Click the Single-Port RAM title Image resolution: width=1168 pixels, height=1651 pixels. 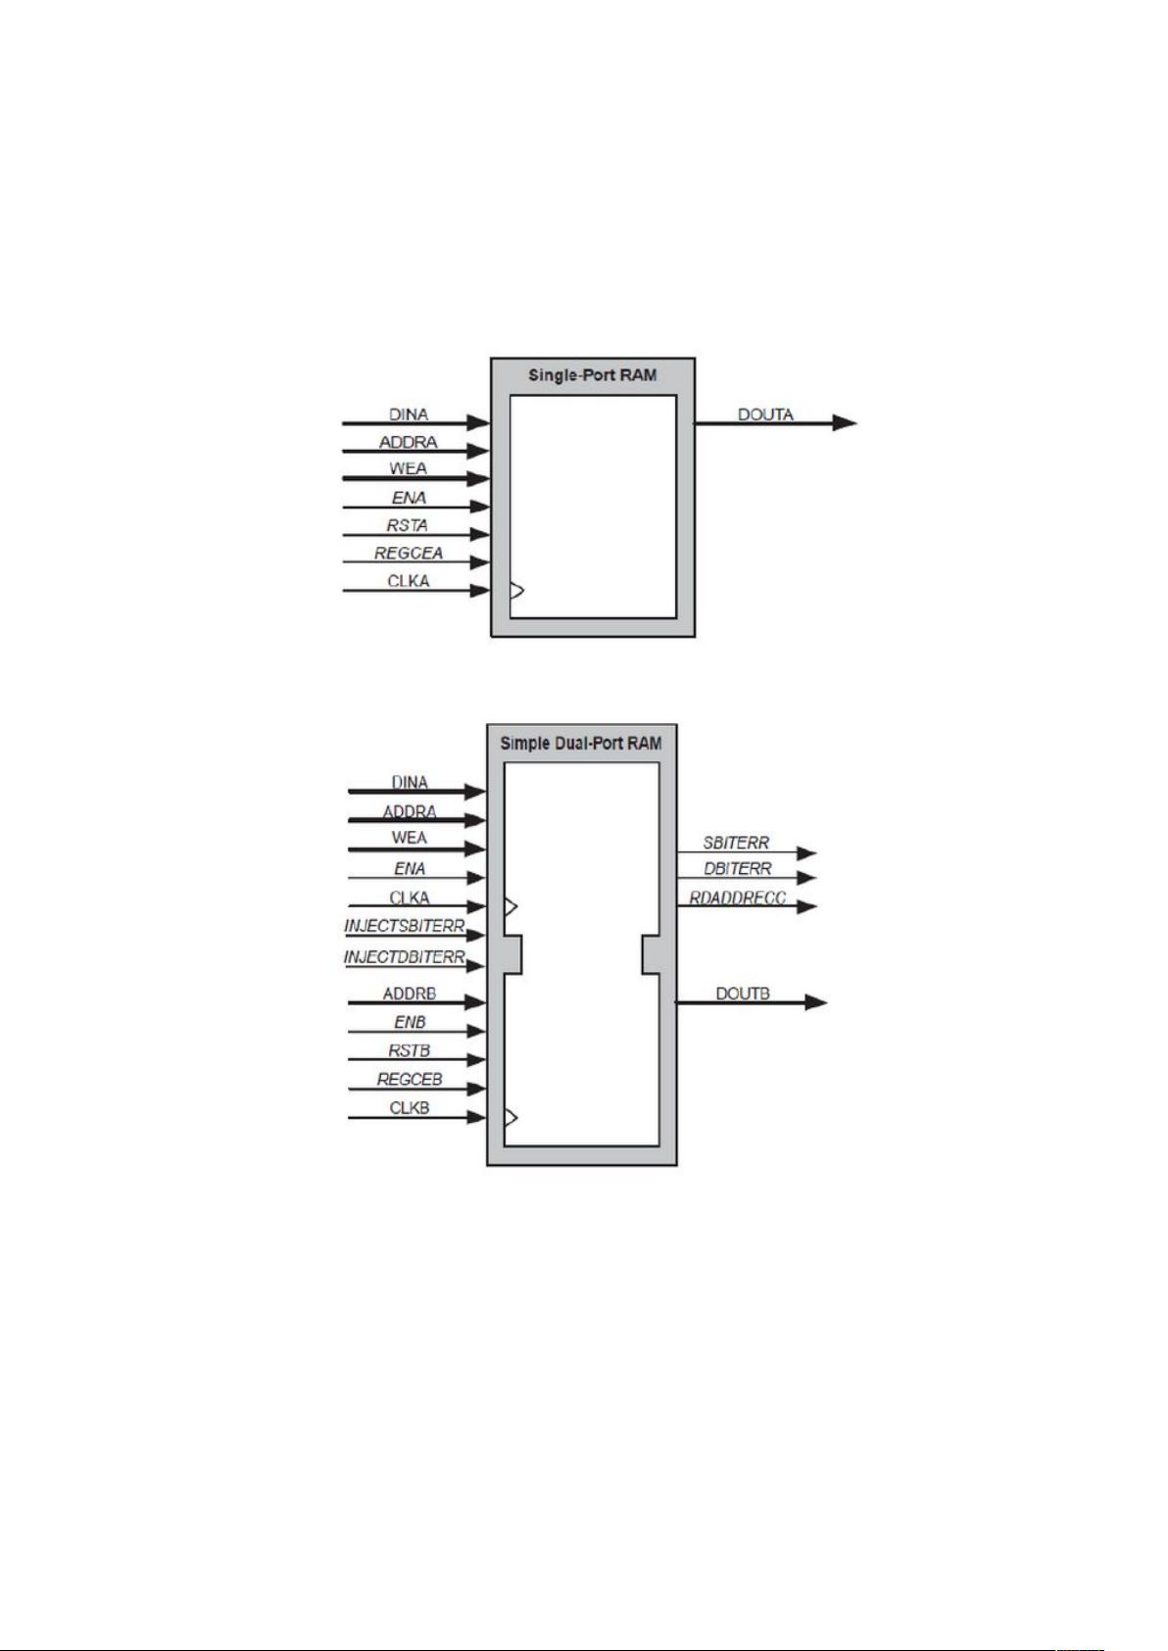[592, 374]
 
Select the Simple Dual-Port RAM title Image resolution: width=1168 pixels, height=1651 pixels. [581, 743]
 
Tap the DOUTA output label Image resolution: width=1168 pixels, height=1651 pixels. [765, 414]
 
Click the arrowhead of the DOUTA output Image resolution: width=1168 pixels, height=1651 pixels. [845, 423]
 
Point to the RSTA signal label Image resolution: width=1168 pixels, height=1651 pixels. [407, 525]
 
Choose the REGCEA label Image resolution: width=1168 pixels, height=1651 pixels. [409, 553]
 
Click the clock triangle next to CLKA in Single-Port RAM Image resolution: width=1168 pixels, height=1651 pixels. [517, 591]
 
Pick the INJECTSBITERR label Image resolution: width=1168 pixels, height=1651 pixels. [404, 926]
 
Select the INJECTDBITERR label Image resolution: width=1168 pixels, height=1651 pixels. [404, 956]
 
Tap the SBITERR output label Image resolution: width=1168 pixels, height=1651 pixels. [736, 843]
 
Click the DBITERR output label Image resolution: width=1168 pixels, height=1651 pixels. [738, 869]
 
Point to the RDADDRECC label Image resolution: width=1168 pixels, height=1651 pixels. [738, 898]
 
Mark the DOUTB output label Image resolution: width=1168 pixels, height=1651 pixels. [743, 994]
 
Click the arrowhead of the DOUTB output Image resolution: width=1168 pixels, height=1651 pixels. [816, 1002]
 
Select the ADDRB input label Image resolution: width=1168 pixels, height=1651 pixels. [409, 994]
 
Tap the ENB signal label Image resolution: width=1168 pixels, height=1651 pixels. [410, 1022]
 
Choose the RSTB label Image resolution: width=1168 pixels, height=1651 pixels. [410, 1050]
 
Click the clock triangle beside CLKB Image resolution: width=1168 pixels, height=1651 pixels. [511, 1117]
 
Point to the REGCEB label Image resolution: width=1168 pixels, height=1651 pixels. [410, 1080]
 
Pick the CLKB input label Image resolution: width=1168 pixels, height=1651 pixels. [410, 1108]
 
